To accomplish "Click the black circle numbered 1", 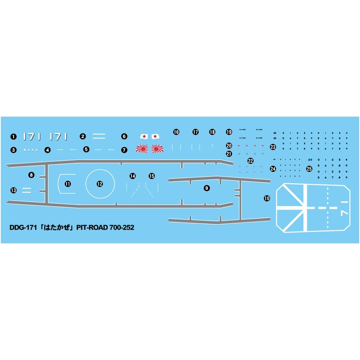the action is pos(13,136).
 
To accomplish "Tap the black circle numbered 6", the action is pos(125,136).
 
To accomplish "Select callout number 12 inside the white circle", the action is pos(99,184).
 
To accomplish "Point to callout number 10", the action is pos(267,198).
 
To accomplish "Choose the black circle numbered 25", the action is pos(309,169).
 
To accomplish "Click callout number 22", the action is pos(251,161).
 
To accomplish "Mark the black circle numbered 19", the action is pos(229,132).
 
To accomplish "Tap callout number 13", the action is pos(13,191).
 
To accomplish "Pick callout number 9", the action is pos(207,189).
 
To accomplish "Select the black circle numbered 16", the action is pos(176,132).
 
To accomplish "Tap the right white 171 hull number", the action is pos(58,136).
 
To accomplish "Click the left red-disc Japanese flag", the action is pos(144,136).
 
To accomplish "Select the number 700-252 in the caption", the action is pos(121,228).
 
